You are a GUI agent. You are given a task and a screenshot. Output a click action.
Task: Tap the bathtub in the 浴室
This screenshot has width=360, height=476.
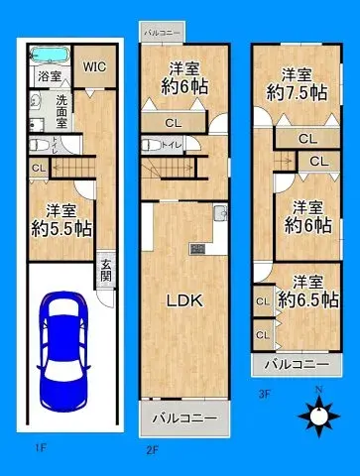tap(50, 55)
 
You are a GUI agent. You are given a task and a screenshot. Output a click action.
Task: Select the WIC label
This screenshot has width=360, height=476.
tap(95, 67)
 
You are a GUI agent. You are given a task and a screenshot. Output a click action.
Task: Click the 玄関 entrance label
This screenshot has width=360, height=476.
tap(106, 270)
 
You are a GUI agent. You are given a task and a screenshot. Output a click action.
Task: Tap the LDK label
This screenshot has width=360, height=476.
tap(183, 301)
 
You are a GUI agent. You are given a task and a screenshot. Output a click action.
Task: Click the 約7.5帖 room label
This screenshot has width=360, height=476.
tap(297, 83)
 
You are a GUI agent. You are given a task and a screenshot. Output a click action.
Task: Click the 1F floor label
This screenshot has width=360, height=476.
tap(40, 449)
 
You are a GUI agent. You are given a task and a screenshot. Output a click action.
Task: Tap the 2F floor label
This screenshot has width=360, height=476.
tap(153, 449)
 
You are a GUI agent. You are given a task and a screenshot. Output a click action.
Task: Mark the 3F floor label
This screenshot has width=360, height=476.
tap(264, 393)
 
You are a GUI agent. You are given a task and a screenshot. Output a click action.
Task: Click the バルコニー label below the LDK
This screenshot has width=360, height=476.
tap(183, 418)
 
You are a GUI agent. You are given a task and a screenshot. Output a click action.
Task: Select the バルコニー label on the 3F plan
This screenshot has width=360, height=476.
tap(297, 365)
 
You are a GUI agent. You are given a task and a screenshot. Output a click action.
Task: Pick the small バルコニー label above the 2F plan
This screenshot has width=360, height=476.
tap(162, 33)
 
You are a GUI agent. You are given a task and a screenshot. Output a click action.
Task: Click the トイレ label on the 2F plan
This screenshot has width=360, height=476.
tap(171, 145)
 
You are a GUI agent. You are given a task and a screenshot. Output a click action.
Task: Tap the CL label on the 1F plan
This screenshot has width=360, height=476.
tap(38, 169)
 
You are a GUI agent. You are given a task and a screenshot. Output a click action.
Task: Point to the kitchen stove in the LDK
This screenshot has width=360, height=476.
tap(195, 248)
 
